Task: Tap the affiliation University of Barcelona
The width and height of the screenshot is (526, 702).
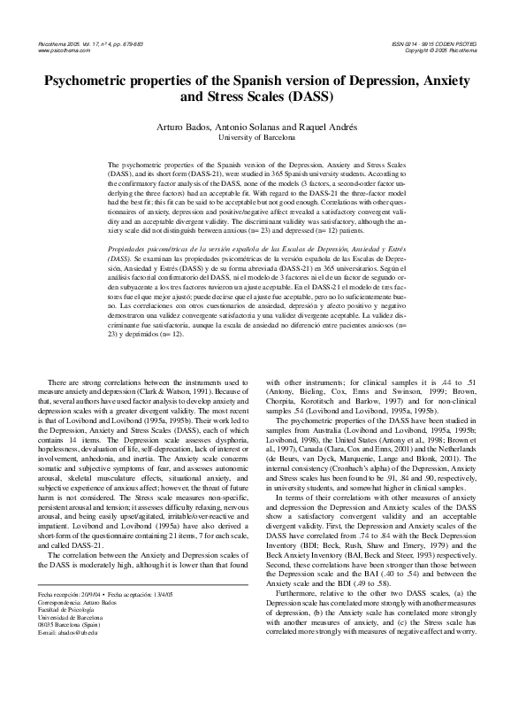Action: (262, 139)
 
